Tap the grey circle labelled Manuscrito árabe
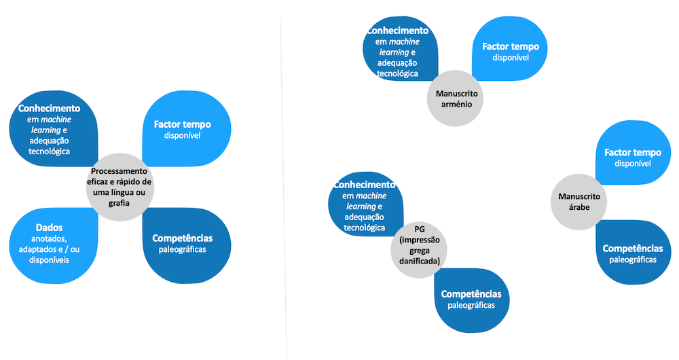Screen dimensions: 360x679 pyautogui.click(x=579, y=201)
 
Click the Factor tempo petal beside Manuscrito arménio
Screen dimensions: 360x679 pyautogui.click(x=511, y=48)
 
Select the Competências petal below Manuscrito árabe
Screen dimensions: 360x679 pyautogui.click(x=633, y=253)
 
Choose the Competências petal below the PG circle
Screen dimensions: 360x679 pyautogui.click(x=471, y=299)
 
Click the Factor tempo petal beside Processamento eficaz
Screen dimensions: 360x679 pyautogui.click(x=182, y=129)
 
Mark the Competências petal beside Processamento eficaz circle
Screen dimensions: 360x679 pyautogui.click(x=182, y=245)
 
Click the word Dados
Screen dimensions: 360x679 pyautogui.click(x=48, y=228)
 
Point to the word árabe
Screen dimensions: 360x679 pyautogui.click(x=579, y=207)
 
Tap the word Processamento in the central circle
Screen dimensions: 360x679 pyautogui.click(x=119, y=172)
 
